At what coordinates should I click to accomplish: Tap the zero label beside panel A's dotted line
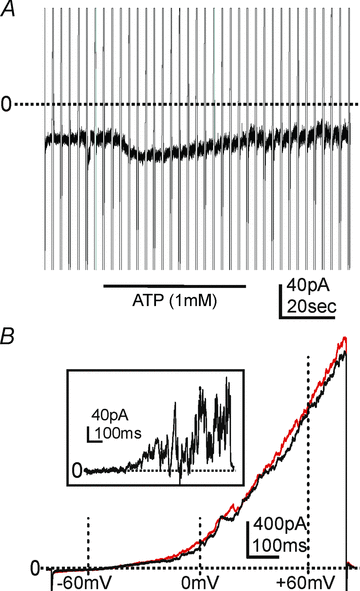[6, 103]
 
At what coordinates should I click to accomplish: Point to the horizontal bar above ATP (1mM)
[173, 286]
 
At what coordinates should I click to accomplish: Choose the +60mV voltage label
[306, 581]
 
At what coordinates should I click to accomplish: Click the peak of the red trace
[346, 339]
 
